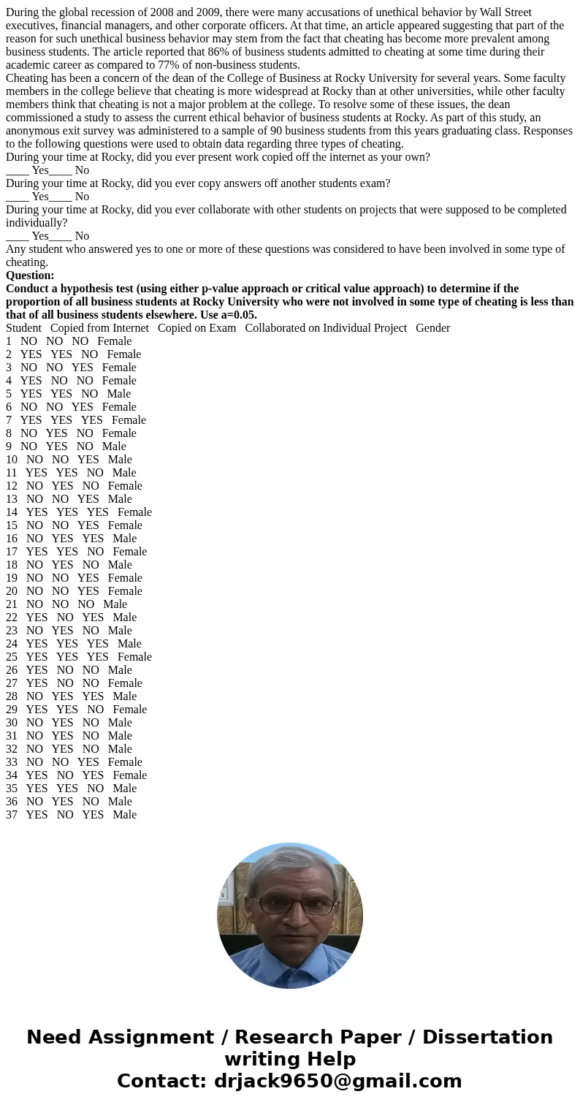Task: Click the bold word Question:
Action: (30, 276)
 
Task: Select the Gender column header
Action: (432, 328)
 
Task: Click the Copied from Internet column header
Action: (99, 328)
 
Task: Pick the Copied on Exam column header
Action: (196, 328)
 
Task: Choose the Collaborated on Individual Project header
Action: (326, 328)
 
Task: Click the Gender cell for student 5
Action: (119, 394)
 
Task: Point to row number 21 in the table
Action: (12, 604)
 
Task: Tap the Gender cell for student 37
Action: (124, 815)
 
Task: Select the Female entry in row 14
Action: (134, 512)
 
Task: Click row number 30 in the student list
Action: (12, 723)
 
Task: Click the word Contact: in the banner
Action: (161, 1082)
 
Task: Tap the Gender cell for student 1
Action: (114, 341)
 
